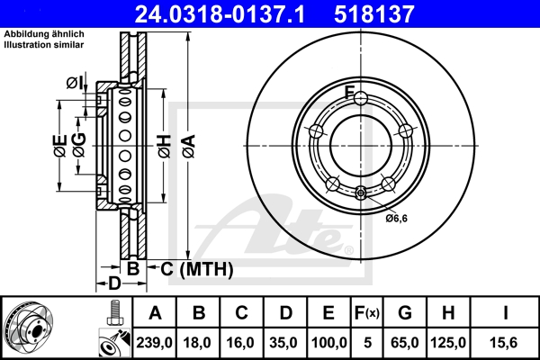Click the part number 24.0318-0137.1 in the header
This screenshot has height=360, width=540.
coord(220,14)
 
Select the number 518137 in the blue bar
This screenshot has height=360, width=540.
coord(374,14)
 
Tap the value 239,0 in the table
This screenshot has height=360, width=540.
coord(154,343)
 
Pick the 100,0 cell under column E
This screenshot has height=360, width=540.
coord(328,343)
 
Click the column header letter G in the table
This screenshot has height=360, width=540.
coord(405,313)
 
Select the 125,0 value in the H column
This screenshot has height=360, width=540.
coord(448,343)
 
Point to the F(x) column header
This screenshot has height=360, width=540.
coord(367,313)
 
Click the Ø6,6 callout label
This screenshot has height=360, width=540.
coord(396,218)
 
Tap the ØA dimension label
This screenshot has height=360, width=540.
coord(189,147)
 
